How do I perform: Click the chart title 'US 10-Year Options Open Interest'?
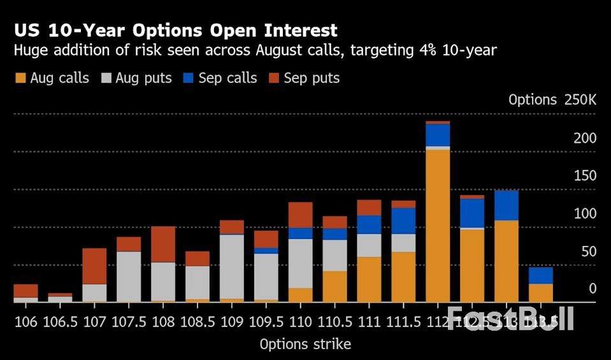coord(176,31)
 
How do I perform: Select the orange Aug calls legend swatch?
coord(20,78)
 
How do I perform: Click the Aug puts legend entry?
coord(136,78)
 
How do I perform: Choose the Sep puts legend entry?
coord(304,78)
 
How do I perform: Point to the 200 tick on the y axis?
coord(585,138)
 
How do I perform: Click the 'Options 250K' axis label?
coord(552,100)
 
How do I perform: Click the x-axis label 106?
coord(25,320)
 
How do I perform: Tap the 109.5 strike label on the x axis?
coord(266,320)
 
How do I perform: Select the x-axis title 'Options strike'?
coord(305,345)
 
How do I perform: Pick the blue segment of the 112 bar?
coord(438,135)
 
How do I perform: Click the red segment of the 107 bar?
coord(94,266)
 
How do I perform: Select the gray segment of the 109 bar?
coord(232,266)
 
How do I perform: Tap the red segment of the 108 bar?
coord(163,244)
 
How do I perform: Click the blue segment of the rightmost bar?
coord(540,275)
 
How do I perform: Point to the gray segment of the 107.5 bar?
coord(129,277)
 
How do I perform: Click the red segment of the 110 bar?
coord(300,215)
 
